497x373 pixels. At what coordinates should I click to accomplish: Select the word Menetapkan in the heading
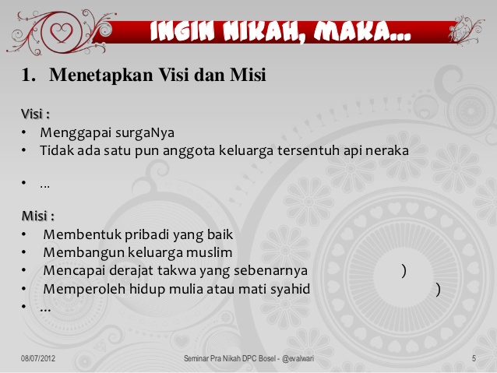(x=93, y=76)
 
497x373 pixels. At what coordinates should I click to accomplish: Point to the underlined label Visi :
(x=35, y=114)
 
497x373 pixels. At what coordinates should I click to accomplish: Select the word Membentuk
(x=79, y=234)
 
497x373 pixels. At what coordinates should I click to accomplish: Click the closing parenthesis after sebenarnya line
(x=404, y=271)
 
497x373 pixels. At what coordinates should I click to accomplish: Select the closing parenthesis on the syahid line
(x=439, y=290)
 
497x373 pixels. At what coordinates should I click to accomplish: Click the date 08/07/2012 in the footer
(x=38, y=358)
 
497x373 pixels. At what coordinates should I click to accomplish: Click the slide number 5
(x=474, y=358)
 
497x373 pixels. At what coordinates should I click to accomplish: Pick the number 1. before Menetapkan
(x=29, y=76)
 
